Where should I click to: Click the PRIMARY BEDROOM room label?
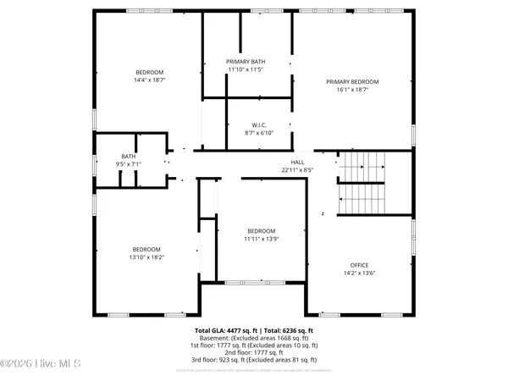352,81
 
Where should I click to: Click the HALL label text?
297,163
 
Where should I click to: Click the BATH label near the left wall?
129,156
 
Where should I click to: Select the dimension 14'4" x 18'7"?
149,80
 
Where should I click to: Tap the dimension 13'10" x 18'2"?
147,257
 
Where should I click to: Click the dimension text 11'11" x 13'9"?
261,239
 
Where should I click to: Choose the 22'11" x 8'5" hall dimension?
297,170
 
